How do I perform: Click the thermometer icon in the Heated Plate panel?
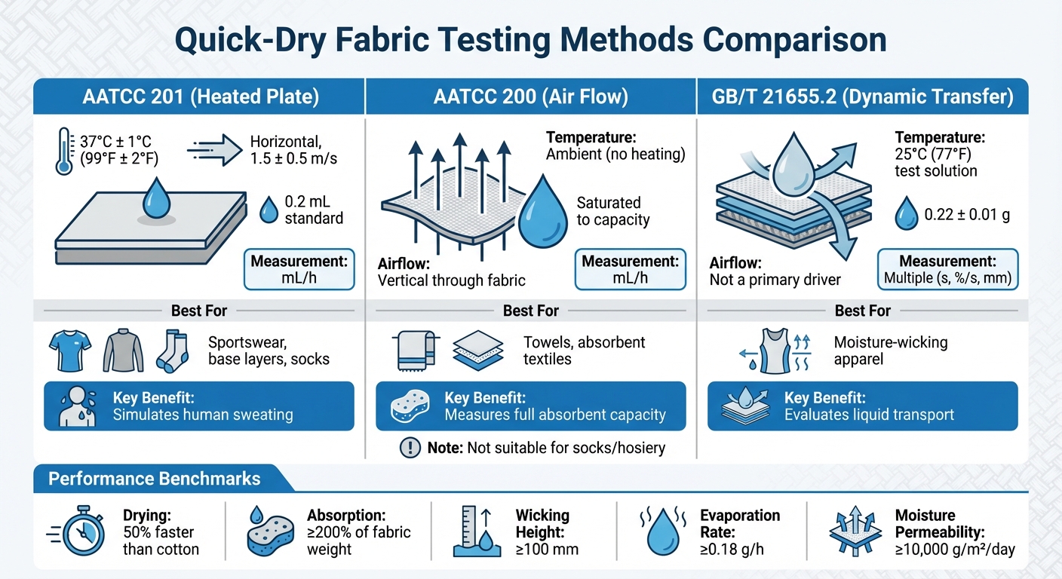click(64, 151)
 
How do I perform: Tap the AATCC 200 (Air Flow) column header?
click(530, 96)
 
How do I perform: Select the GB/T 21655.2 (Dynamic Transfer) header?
click(862, 96)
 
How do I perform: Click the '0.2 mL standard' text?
click(313, 210)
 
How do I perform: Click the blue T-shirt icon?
click(69, 351)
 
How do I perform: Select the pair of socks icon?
click(171, 351)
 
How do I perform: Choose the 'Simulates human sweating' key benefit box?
click(199, 406)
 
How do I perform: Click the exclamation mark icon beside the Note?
click(409, 448)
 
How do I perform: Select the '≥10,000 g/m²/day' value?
click(955, 549)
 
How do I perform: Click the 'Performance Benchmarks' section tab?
click(155, 479)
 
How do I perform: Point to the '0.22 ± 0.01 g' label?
click(967, 216)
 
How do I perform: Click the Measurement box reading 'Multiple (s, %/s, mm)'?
click(947, 270)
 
